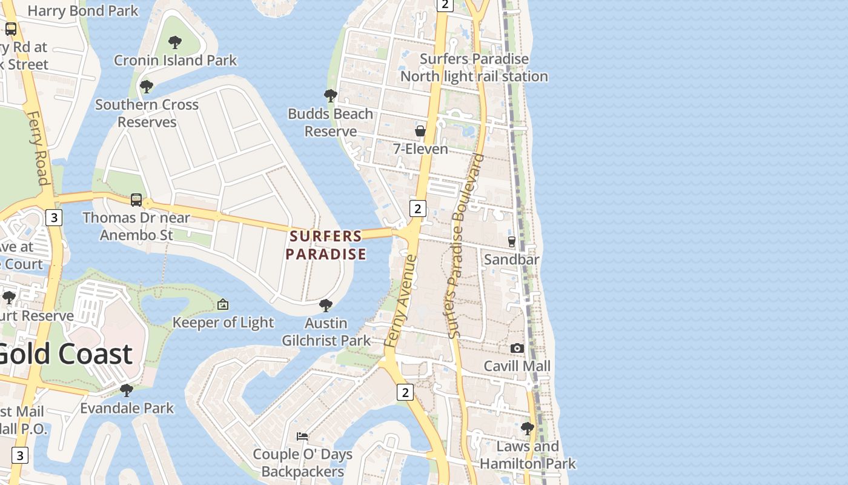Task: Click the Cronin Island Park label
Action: click(176, 61)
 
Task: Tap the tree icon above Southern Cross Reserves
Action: click(146, 87)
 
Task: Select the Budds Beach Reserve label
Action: click(330, 122)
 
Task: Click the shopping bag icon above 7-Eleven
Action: click(420, 131)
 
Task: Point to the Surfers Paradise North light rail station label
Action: click(474, 68)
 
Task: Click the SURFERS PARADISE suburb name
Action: click(326, 245)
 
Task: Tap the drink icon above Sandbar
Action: click(512, 241)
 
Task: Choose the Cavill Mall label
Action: click(517, 366)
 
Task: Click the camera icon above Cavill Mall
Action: click(517, 348)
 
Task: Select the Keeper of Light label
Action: click(223, 323)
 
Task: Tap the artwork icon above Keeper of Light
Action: click(223, 304)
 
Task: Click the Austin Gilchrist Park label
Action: click(326, 332)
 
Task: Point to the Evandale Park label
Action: click(127, 408)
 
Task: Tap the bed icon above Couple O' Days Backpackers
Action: click(302, 436)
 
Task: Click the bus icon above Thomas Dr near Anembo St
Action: click(136, 199)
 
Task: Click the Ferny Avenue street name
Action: click(400, 301)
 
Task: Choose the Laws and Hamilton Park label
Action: click(528, 455)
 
